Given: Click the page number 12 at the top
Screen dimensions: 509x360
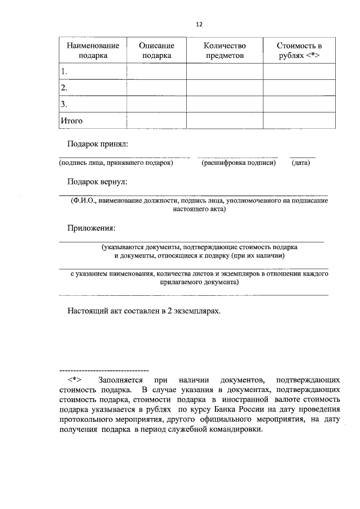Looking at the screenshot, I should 199,25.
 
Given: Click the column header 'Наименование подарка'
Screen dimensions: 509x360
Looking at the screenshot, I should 93,50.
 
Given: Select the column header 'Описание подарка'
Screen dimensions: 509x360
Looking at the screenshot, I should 156,50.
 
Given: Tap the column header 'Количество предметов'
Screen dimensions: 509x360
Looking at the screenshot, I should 224,50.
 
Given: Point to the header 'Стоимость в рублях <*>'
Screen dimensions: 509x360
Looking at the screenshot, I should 299,50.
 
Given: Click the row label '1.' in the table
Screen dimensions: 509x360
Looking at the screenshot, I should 64,71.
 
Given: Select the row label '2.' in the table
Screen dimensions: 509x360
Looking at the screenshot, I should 64,88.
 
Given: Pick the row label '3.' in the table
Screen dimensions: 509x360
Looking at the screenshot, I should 64,104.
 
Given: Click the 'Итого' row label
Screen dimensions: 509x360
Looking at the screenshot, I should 71,120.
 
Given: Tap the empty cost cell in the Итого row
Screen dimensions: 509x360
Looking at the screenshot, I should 299,120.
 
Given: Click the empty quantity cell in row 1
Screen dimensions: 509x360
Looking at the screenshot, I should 224,71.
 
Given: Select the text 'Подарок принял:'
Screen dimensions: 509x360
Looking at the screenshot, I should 98,144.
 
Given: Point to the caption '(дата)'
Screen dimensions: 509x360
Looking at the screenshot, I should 301,163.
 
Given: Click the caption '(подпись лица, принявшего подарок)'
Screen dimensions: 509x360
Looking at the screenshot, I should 116,163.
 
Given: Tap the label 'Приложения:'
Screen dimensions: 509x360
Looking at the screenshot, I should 91,228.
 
